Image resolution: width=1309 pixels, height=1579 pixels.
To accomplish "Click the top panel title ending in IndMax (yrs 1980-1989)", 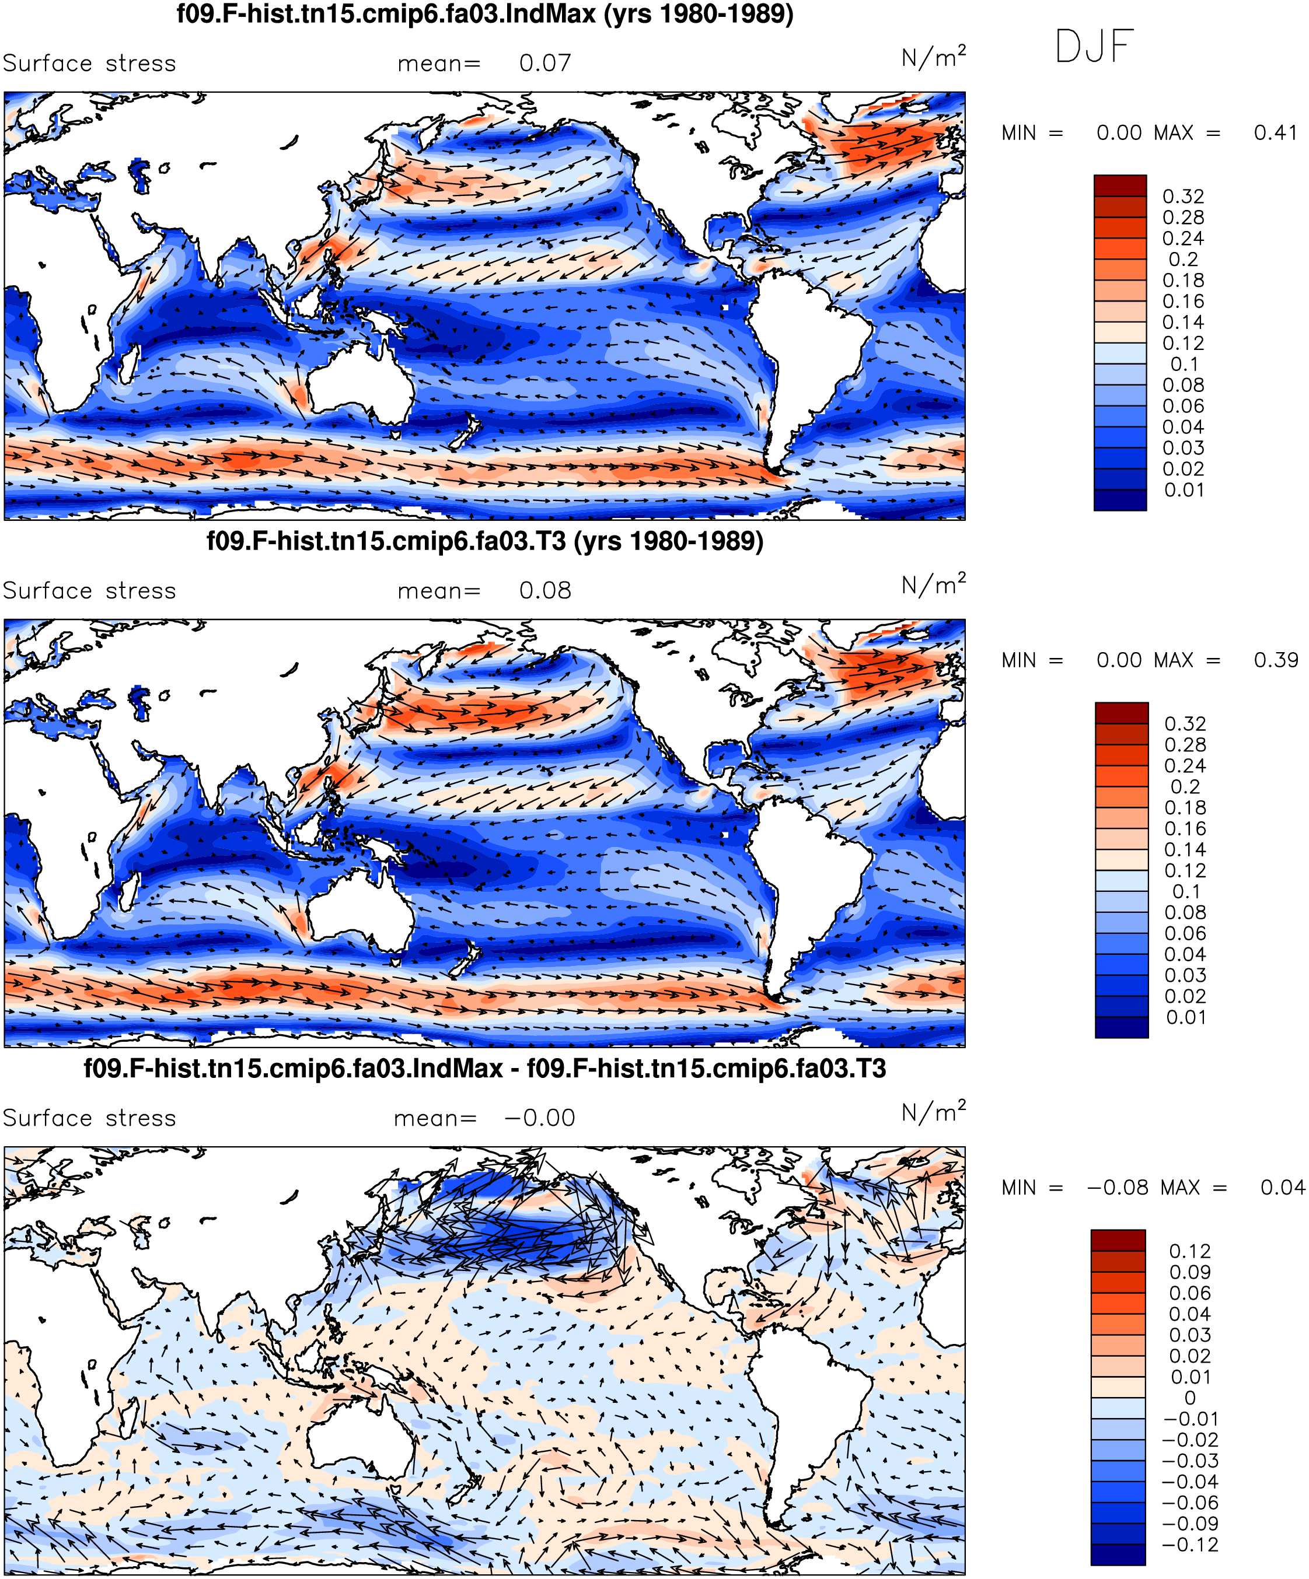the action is coord(485,13).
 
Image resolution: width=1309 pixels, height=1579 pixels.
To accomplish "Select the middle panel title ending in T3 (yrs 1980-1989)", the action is coord(485,541).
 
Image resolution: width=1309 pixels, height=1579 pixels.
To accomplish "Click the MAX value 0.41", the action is coord(1275,133).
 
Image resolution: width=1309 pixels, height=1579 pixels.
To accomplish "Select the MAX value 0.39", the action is coord(1275,660).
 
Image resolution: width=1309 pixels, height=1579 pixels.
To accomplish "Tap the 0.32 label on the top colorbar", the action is coord(1184,196).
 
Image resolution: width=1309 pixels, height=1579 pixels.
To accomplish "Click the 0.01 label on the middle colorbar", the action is coord(1186,1017).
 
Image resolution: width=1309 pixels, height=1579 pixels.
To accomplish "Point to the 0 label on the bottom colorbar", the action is coord(1190,1398).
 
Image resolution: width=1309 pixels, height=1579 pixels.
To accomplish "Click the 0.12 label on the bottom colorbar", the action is coord(1190,1251).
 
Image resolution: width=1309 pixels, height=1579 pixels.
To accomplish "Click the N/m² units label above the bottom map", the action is coord(934,1112).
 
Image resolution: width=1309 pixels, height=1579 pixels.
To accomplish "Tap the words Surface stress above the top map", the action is coord(89,63).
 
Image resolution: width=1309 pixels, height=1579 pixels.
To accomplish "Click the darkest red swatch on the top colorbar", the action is coord(1120,185).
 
